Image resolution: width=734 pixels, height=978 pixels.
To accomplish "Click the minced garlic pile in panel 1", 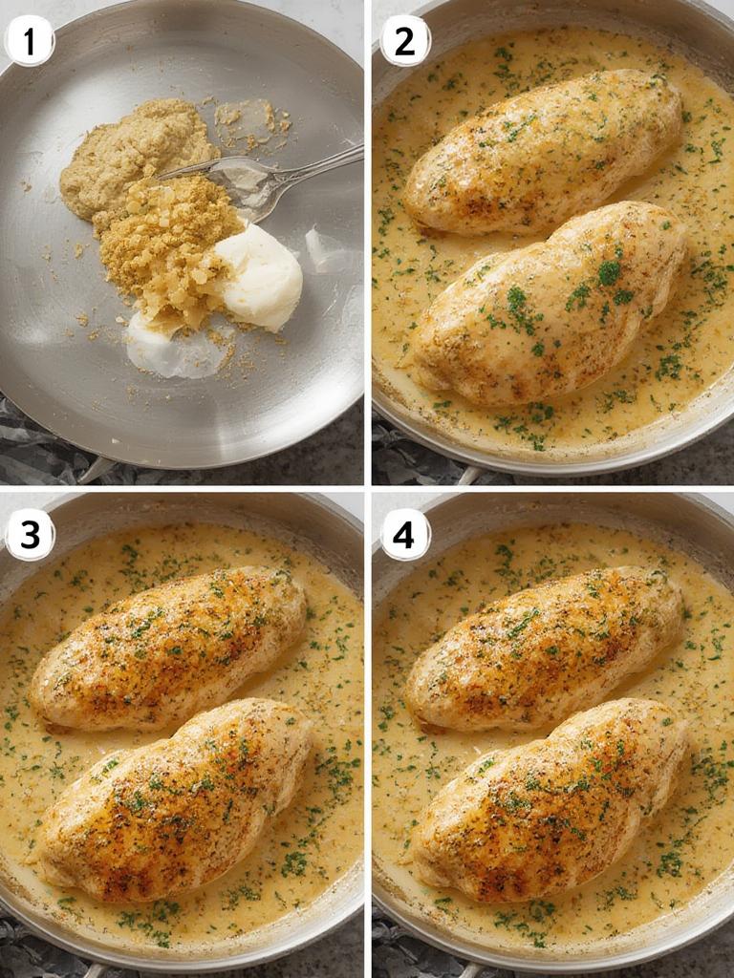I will click(167, 244).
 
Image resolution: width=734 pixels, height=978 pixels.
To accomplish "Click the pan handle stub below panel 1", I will click(96, 470).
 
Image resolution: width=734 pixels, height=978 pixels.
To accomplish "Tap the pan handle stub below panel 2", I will click(468, 475).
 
